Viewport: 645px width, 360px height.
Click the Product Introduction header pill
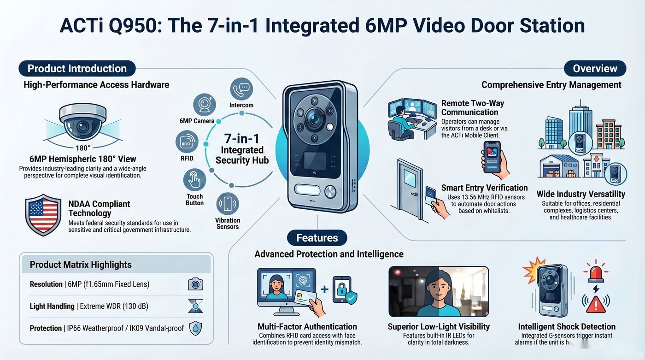77,69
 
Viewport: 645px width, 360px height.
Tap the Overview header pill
595,69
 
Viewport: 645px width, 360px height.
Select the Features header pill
317,238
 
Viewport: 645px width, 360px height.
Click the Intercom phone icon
241,89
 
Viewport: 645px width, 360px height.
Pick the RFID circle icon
187,142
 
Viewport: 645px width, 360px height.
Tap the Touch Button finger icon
194,180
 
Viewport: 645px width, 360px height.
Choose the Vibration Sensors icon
228,204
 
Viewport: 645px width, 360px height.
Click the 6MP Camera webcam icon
205,105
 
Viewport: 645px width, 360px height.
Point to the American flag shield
43,215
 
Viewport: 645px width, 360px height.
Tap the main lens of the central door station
314,118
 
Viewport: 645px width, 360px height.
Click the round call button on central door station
330,192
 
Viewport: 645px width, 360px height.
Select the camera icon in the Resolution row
195,284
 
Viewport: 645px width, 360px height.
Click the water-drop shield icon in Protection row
195,328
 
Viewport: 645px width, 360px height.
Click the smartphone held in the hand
492,157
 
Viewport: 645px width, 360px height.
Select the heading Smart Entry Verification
484,188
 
